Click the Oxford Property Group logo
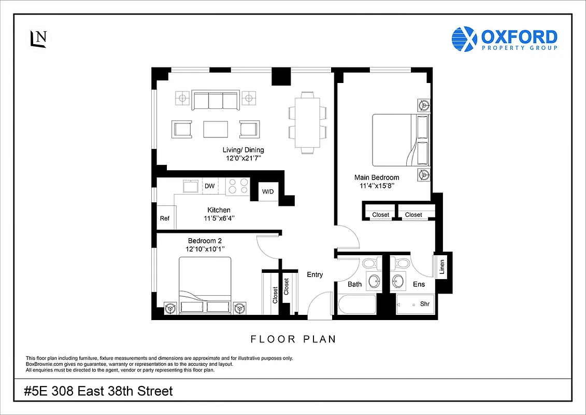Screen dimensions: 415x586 pos(504,39)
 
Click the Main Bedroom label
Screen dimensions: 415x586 pos(376,177)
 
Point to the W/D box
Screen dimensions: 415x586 pos(268,192)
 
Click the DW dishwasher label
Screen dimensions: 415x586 pos(209,186)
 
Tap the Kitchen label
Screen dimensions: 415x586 pos(219,210)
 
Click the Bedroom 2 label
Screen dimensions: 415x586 pos(205,241)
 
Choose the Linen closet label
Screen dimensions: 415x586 pos(442,266)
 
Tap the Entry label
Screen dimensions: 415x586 pos(315,274)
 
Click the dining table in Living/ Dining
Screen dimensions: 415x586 pos(308,122)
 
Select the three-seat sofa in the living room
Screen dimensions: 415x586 pos(215,100)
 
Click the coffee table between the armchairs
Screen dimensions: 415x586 pos(216,129)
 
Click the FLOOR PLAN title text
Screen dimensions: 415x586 pos(293,339)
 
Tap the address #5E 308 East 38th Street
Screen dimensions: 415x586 pos(98,391)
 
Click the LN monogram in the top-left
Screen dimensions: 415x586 pos(38,38)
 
